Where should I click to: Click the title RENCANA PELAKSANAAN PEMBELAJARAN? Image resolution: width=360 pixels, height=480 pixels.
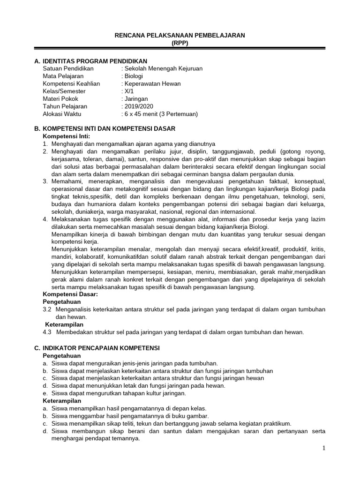coord(180,35)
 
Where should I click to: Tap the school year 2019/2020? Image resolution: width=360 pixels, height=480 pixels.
coord(137,106)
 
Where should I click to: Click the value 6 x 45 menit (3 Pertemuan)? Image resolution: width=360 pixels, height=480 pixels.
coord(159,114)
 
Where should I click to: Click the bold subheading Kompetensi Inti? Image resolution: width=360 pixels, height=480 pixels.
coord(66,136)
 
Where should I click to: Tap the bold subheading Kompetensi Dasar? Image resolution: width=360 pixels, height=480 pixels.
coord(70,294)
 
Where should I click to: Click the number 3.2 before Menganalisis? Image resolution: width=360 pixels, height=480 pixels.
coord(47,309)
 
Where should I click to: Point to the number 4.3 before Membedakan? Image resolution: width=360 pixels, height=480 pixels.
coord(47,332)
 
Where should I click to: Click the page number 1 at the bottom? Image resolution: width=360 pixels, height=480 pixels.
coord(323,449)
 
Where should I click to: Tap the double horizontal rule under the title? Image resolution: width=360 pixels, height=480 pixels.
coord(180,48)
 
